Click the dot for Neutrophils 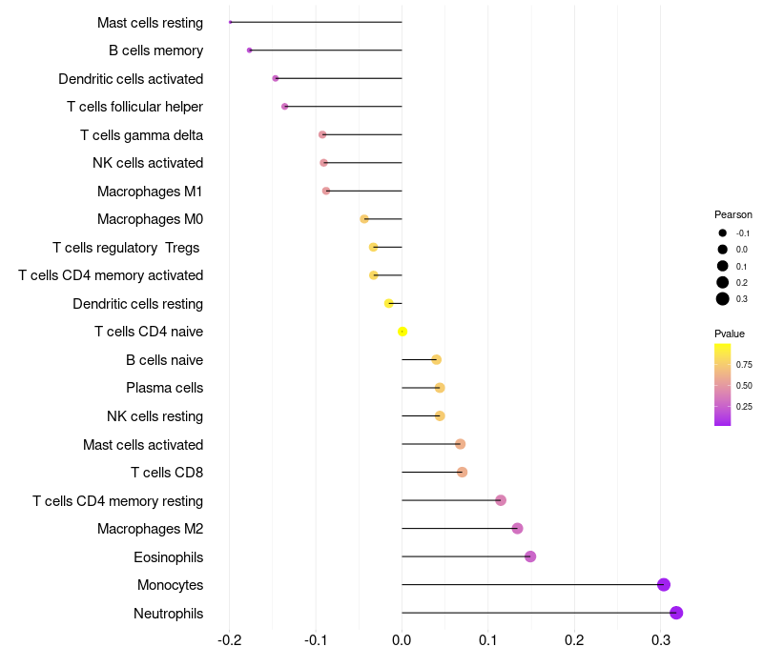pos(676,613)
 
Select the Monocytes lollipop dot pos(664,585)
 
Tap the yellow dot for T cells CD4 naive pos(402,332)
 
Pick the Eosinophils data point pos(530,556)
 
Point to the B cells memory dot pos(250,51)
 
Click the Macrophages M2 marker pos(518,529)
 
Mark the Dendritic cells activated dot pos(276,78)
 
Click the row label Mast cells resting pos(150,22)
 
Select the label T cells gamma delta pos(141,134)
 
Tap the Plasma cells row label pos(164,388)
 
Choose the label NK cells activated pos(148,163)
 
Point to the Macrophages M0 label pos(150,219)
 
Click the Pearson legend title pos(733,214)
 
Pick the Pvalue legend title pos(730,333)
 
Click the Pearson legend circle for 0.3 pos(723,299)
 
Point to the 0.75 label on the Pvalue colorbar pos(744,364)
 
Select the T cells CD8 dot pos(463,473)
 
